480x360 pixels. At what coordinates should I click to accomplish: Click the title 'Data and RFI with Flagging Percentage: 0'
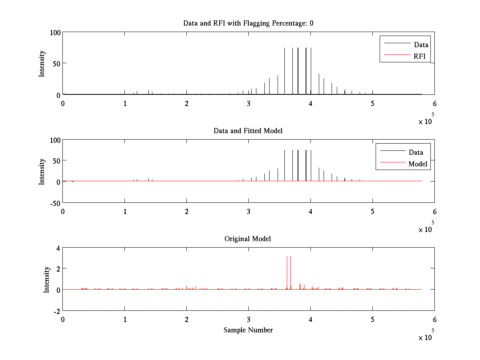pos(248,23)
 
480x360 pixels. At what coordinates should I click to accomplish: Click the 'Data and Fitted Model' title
pos(248,131)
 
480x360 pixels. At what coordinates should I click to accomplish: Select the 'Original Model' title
pos(248,239)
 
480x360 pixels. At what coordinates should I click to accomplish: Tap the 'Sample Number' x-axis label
pos(248,330)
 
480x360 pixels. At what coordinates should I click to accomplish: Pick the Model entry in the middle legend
pos(418,164)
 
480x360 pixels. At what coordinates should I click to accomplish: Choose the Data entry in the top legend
pos(421,45)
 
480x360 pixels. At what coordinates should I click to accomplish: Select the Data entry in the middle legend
pos(416,152)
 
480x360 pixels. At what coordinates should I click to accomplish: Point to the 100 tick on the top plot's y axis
pos(55,32)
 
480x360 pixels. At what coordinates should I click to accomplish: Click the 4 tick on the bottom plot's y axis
pos(58,248)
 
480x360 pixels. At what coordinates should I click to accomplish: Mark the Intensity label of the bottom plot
pos(47,279)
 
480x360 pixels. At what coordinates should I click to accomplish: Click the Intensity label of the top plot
pos(42,63)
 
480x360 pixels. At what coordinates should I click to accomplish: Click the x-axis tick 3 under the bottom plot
pos(249,320)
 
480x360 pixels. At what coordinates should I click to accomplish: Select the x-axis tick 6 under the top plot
pos(434,104)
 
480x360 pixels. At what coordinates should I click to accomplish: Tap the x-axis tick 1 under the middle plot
pos(125,211)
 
